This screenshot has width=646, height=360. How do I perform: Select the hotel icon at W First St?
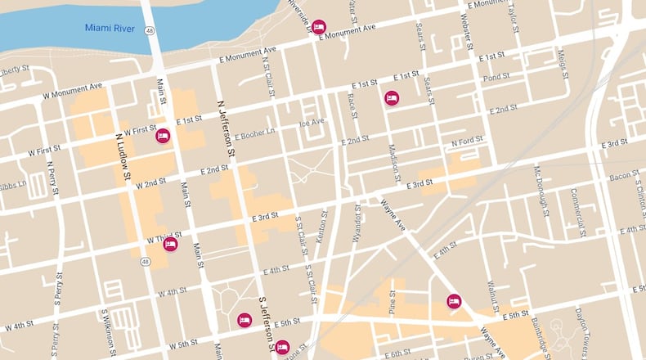pyautogui.click(x=163, y=136)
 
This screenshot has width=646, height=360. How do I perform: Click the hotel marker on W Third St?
pyautogui.click(x=170, y=244)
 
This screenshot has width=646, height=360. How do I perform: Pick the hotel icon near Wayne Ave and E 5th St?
pyautogui.click(x=454, y=301)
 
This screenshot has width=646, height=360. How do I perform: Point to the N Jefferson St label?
pyautogui.click(x=227, y=128)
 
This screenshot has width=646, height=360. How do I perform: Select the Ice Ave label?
pyautogui.click(x=311, y=123)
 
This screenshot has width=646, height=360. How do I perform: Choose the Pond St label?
pyautogui.click(x=496, y=78)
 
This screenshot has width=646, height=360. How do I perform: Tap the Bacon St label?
pyautogui.click(x=623, y=175)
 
